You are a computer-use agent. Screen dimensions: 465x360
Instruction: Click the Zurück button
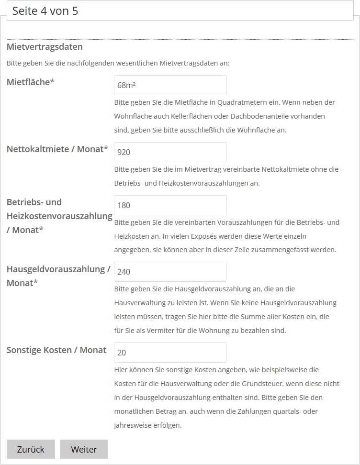(x=31, y=449)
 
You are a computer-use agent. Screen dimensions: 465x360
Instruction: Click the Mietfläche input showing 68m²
(x=170, y=85)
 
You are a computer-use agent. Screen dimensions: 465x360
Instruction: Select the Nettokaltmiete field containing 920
(x=170, y=152)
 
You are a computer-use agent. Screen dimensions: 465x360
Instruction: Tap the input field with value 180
(x=170, y=205)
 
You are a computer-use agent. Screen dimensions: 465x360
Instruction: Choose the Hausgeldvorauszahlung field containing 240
(x=170, y=272)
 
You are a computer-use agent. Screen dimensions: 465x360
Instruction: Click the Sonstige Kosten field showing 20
(x=170, y=353)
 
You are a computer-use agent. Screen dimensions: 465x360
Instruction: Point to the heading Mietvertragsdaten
(x=45, y=47)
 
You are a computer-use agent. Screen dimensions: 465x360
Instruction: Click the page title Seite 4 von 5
(x=45, y=11)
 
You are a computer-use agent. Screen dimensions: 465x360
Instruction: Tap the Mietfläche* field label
(x=31, y=82)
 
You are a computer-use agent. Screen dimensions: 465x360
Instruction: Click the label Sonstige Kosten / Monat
(x=56, y=350)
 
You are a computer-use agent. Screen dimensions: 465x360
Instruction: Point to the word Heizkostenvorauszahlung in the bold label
(x=59, y=216)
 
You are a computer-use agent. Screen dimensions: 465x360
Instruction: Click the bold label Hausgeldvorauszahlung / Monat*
(x=58, y=276)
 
